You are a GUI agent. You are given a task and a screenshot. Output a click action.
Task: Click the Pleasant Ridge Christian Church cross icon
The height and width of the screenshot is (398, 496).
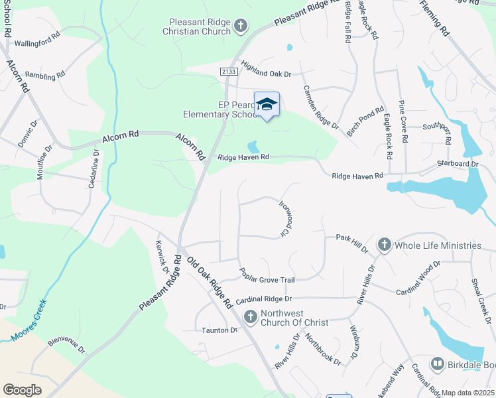point(240,27)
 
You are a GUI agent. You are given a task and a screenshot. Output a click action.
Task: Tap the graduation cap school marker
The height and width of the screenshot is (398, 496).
point(267,104)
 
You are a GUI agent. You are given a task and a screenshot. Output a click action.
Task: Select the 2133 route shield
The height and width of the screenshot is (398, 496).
point(227,71)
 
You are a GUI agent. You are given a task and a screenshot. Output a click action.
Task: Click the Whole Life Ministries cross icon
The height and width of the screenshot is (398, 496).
point(383,245)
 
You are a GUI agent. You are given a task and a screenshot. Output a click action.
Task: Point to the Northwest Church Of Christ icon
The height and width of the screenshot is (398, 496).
point(251,316)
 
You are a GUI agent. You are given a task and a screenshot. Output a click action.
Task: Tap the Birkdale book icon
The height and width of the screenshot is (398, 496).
point(437,364)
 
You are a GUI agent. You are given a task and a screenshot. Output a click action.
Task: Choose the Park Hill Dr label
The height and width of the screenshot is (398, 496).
point(352,242)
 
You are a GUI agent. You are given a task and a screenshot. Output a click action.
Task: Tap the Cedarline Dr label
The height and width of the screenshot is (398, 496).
point(93,168)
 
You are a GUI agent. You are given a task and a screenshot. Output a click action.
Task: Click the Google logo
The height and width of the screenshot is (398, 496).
point(22,389)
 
